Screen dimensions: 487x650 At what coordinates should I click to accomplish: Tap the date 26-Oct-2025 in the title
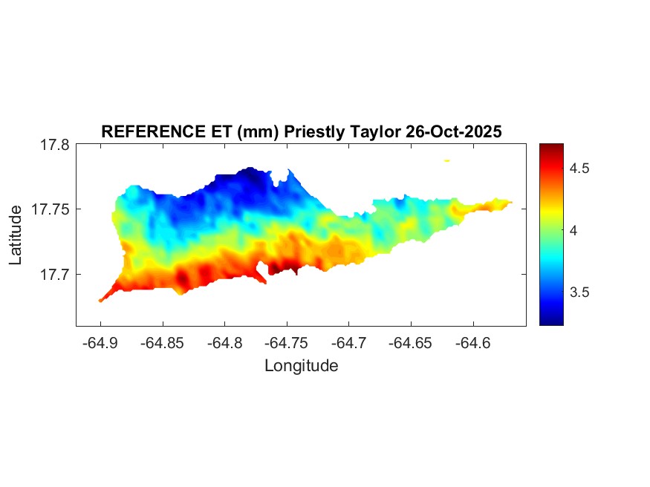click(454, 132)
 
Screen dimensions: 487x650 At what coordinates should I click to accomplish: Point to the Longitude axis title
click(301, 365)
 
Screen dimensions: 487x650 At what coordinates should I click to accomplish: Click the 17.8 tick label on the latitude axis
click(55, 145)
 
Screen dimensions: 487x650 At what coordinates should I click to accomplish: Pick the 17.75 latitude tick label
click(51, 209)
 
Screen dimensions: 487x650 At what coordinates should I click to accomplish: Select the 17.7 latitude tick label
click(55, 274)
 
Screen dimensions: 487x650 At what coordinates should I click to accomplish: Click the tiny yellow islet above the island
click(447, 160)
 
